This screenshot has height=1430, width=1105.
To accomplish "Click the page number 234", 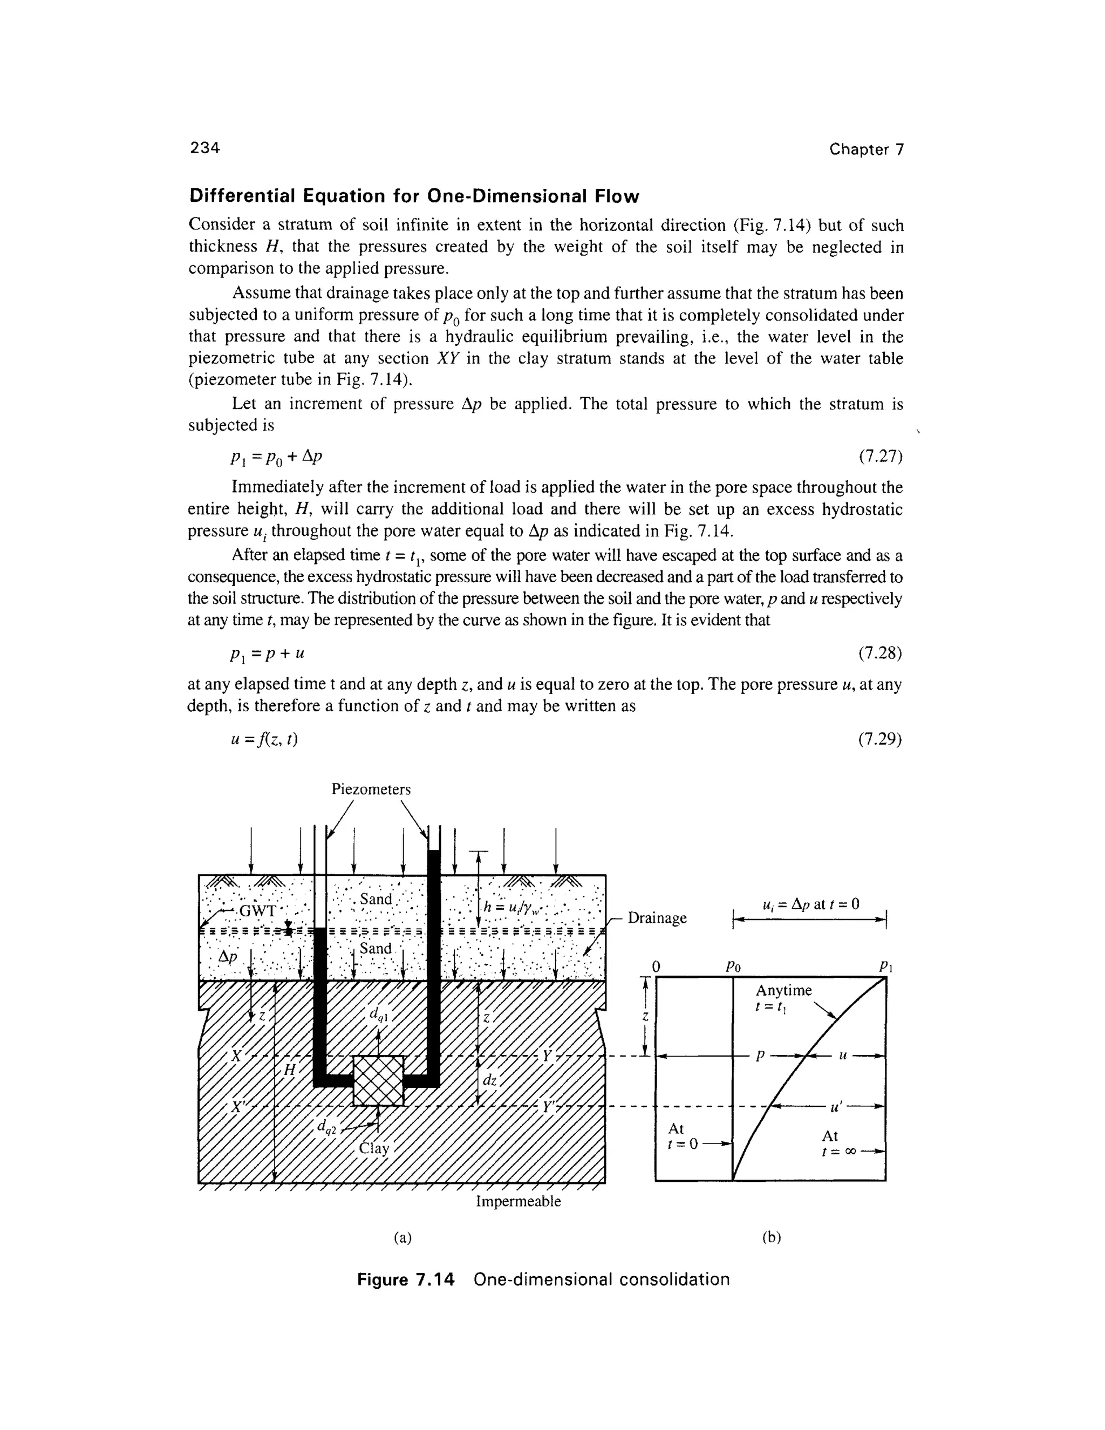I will (x=205, y=148).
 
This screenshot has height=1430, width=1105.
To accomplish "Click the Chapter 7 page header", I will (x=865, y=149).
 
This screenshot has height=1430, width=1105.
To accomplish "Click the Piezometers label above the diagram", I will (x=371, y=789).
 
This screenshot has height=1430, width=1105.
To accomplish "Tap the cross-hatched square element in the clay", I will (x=378, y=1080).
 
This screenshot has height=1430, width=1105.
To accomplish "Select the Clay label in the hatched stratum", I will (x=374, y=1148).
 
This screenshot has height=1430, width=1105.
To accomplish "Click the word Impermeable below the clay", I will (x=518, y=1202).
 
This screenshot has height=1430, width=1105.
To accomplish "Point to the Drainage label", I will (x=657, y=918).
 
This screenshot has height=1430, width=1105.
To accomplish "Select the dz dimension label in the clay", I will (x=489, y=1081).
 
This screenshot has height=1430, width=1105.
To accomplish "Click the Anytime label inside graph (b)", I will (x=783, y=991).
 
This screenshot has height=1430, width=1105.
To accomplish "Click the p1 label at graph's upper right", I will (x=884, y=966).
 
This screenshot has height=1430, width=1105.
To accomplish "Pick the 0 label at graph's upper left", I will (x=657, y=966).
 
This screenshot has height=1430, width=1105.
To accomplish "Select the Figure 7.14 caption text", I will (x=543, y=1279).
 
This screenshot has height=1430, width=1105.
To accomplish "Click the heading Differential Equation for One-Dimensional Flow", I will (x=414, y=196).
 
